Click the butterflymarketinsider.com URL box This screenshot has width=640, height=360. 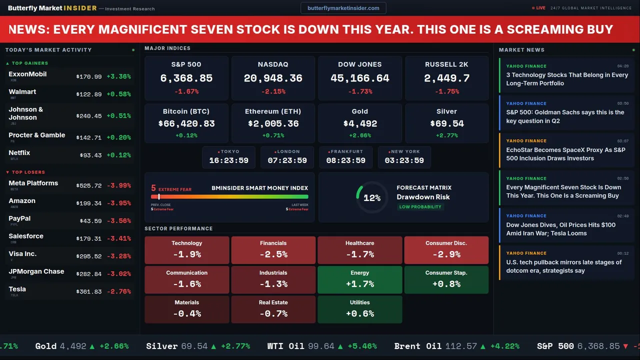(x=343, y=8)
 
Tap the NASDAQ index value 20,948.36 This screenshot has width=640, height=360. (x=273, y=78)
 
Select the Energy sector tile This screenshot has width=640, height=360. (x=359, y=279)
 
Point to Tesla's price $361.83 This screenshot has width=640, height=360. (x=89, y=291)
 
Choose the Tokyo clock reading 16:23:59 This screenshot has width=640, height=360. (x=228, y=160)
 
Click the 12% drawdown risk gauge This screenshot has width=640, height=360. (x=372, y=197)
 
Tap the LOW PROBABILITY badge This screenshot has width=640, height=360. (x=420, y=207)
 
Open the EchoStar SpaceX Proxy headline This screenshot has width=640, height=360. (x=565, y=154)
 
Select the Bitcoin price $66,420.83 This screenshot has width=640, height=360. (x=186, y=123)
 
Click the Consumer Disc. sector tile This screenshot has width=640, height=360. (x=446, y=250)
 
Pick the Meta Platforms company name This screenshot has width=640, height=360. (x=33, y=183)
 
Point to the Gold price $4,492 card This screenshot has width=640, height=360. (x=360, y=123)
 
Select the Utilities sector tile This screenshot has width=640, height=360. (x=359, y=309)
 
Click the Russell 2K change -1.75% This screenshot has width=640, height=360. (x=446, y=91)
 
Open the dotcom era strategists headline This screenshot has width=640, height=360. (x=563, y=266)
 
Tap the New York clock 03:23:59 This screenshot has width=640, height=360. (x=404, y=160)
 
